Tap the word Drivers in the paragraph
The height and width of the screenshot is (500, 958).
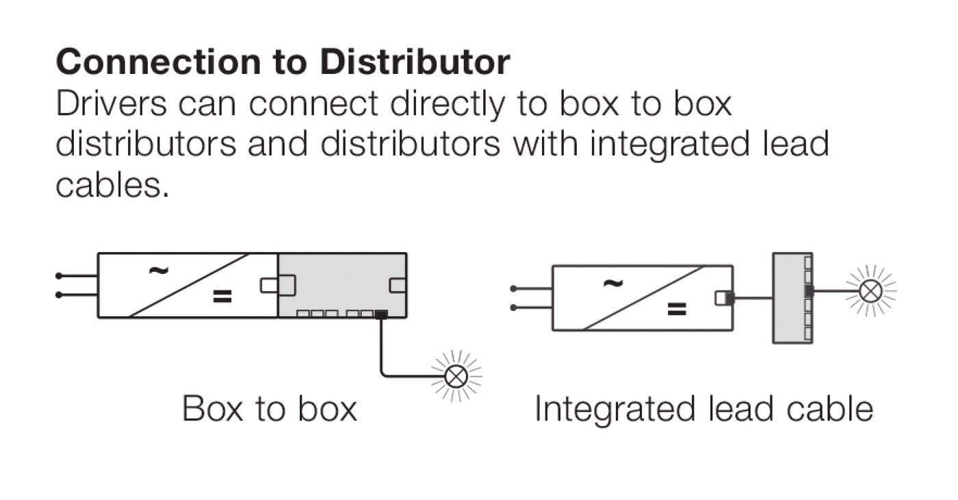tap(112, 104)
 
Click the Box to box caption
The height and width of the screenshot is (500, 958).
tap(270, 409)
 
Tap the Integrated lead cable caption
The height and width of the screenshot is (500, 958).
tap(703, 409)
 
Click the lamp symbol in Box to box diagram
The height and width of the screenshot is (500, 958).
tap(456, 375)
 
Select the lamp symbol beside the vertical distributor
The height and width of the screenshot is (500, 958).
tap(871, 291)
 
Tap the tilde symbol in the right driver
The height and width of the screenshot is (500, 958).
tap(612, 282)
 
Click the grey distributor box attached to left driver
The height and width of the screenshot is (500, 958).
tap(342, 285)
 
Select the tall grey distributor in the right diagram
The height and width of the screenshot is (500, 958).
tap(792, 298)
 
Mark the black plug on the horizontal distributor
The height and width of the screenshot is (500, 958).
tap(381, 314)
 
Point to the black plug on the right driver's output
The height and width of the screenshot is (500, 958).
tap(729, 298)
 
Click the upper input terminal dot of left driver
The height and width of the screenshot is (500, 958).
tap(60, 276)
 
